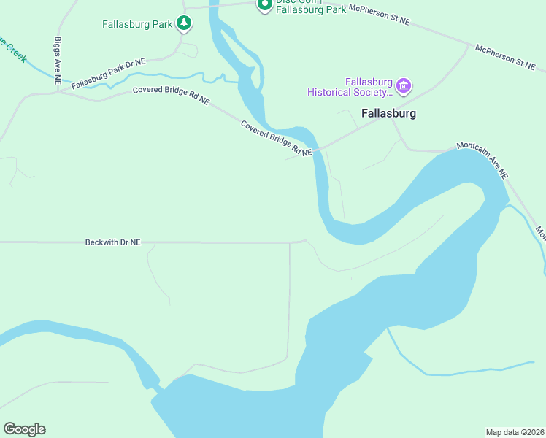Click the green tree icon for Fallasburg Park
pos(185,24)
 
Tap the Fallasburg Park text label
pos(137,24)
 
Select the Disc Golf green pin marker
pos(264,4)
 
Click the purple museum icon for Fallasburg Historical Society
pos(404,86)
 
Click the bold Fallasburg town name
pos(388,113)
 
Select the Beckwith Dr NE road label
pos(112,242)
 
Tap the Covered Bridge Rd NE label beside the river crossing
pos(276,138)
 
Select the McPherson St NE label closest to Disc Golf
pos(380,15)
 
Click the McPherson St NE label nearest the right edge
pos(505,58)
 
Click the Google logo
pos(24,429)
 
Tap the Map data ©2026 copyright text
pos(515,431)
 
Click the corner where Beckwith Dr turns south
pos(291,243)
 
